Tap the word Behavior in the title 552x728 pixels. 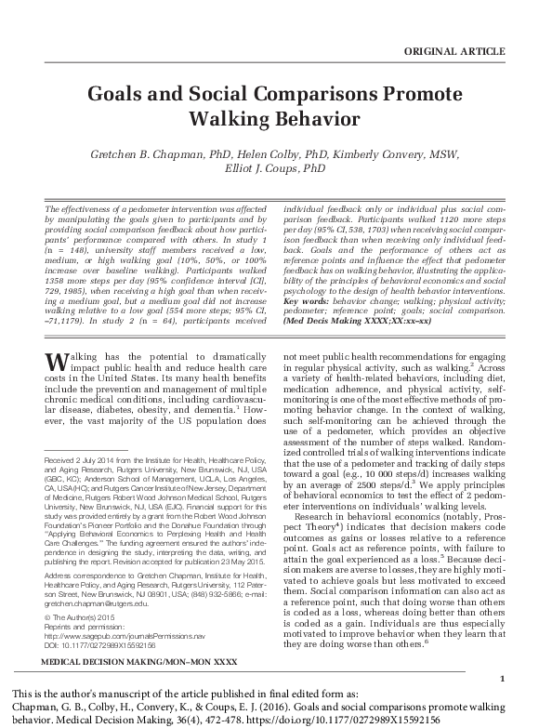(x=308, y=119)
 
